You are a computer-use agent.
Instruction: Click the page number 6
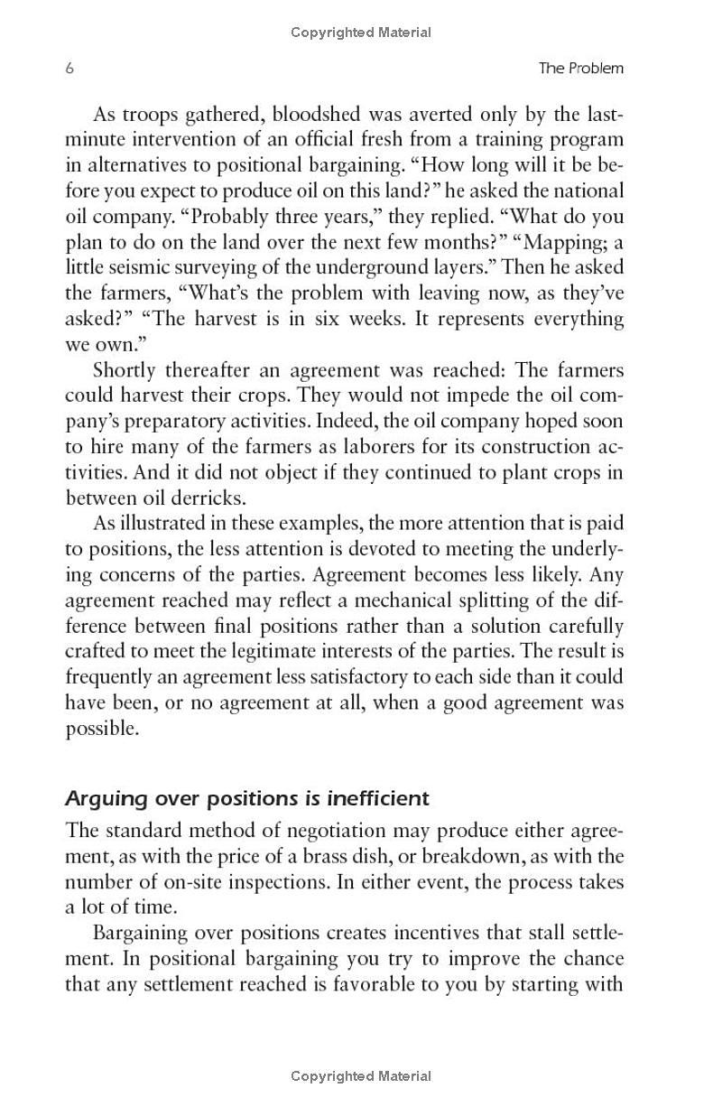pos(69,69)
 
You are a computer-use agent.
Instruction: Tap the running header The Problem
pos(580,69)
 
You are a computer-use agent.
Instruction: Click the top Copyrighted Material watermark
pos(361,33)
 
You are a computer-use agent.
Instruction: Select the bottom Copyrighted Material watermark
pos(361,1075)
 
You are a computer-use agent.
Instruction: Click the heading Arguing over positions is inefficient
pos(247,799)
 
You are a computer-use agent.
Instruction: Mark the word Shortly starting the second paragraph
pos(125,370)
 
